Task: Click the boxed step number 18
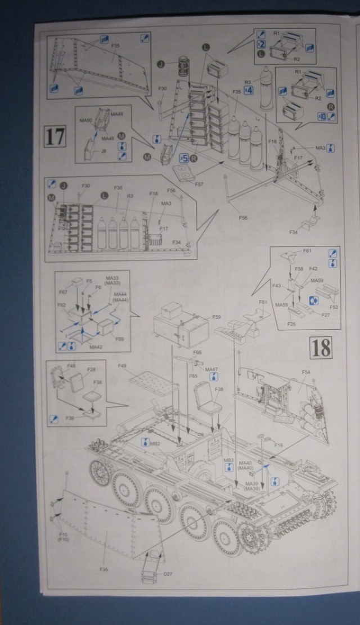coord(320,347)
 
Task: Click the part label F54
coord(305,372)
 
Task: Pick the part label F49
coord(122,366)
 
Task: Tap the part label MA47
coord(211,369)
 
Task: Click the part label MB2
coord(156,444)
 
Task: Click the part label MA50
coord(85,120)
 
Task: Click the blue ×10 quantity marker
coord(322,115)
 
